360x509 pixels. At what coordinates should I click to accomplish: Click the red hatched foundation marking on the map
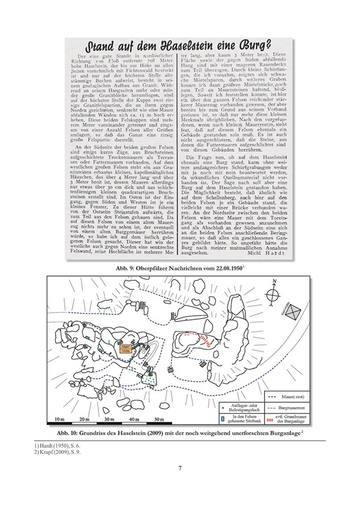[205, 341]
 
